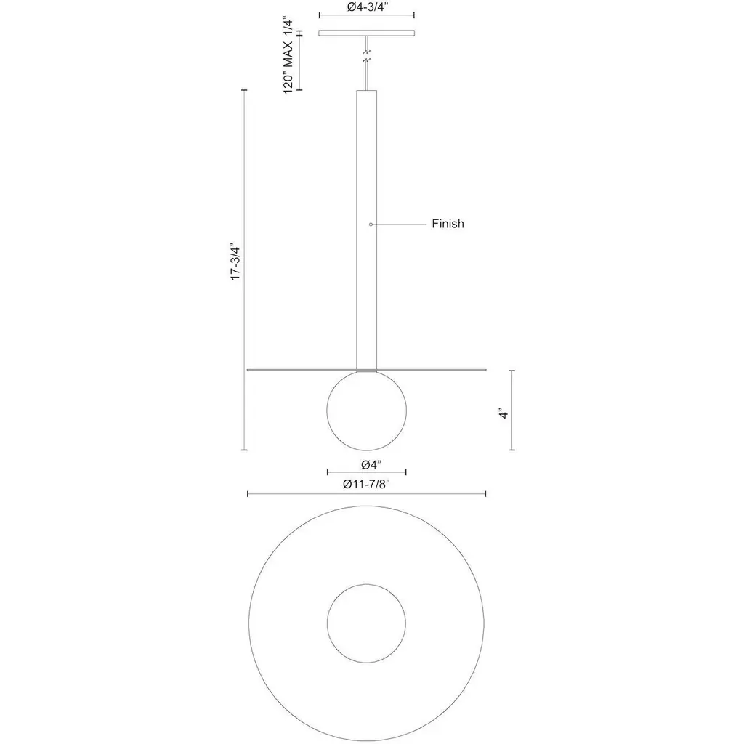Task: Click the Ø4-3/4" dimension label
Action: point(367,7)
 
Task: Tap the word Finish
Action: point(448,224)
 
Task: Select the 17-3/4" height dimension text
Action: point(236,263)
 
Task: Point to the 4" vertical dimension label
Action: point(504,413)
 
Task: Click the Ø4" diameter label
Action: point(371,465)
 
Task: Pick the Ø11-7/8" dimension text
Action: point(367,484)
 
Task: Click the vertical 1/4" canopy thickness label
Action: point(288,28)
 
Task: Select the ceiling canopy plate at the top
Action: point(367,33)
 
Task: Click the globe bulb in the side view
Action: point(367,410)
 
